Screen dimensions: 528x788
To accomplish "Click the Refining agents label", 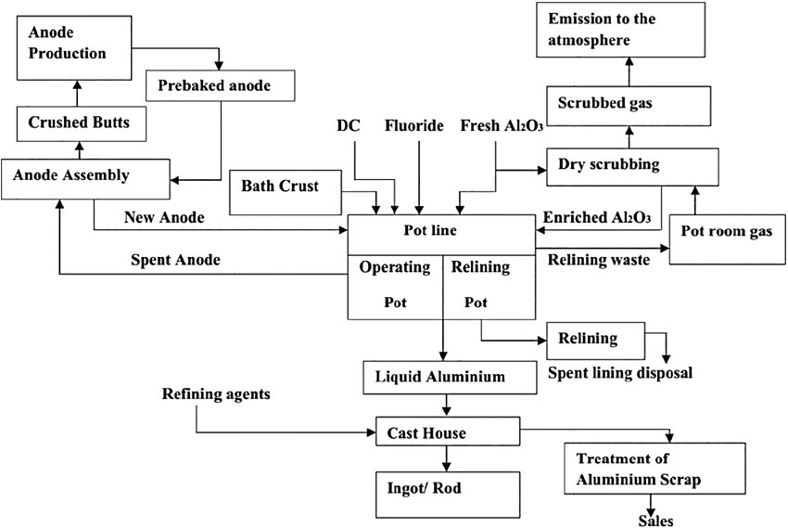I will coord(216,395).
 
